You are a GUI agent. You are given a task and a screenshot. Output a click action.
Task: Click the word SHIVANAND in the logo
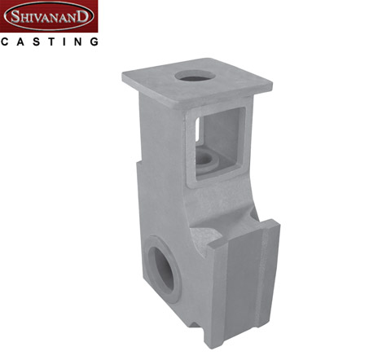pos(49,16)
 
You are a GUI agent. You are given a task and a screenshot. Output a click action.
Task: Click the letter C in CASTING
pos(5,42)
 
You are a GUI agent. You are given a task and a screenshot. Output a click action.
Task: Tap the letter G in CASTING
pos(94,42)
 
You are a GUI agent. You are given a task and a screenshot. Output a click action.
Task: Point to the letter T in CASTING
pos(51,42)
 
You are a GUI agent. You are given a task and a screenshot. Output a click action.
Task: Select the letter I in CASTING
pos(64,42)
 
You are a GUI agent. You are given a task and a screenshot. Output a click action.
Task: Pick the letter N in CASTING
pos(78,42)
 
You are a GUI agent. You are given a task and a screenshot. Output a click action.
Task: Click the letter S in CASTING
pos(37,42)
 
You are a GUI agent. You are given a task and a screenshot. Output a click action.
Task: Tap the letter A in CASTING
pos(20,42)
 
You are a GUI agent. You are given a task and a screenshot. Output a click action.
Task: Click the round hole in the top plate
pos(195,76)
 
